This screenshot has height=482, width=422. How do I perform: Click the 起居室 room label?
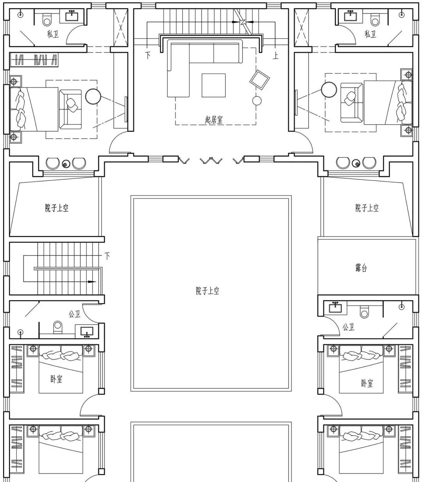click(213, 120)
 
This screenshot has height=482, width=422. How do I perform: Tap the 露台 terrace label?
click(361, 268)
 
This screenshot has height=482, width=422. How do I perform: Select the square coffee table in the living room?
click(213, 85)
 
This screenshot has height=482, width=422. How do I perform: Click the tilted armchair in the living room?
click(260, 80)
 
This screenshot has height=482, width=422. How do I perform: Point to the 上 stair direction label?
click(275, 55)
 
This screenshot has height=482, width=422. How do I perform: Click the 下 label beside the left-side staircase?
click(107, 256)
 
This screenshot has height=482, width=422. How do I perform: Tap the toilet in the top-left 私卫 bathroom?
click(47, 19)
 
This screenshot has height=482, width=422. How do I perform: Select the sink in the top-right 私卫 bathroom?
click(350, 16)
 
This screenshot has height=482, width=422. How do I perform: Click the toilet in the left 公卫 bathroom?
click(58, 327)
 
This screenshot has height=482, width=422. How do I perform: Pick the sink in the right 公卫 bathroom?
click(335, 307)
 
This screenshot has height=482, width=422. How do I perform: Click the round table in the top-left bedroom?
click(93, 96)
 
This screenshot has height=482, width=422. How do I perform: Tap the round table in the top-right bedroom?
click(329, 89)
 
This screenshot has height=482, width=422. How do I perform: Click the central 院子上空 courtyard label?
click(207, 291)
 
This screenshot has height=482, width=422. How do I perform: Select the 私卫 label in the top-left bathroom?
click(53, 34)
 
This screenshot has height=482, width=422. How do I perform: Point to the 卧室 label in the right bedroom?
click(367, 383)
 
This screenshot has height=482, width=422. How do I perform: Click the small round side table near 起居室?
click(257, 101)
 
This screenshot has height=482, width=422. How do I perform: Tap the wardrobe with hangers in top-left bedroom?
click(34, 60)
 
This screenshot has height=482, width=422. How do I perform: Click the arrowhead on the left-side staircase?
click(92, 282)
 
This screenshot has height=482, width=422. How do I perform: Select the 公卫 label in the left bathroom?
click(75, 314)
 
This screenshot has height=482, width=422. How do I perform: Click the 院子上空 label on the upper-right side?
click(367, 208)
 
